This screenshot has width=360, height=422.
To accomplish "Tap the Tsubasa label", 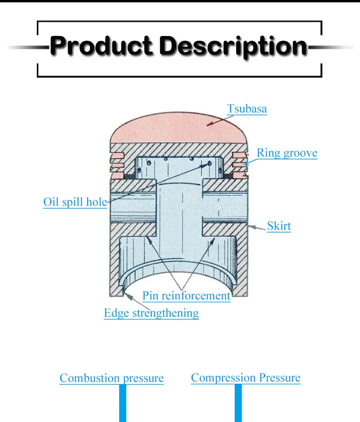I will pyautogui.click(x=247, y=109).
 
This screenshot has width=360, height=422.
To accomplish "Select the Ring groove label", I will pyautogui.click(x=287, y=153).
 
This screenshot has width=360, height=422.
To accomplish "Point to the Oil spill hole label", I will pyautogui.click(x=74, y=202).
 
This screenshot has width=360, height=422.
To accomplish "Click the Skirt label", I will pyautogui.click(x=279, y=226).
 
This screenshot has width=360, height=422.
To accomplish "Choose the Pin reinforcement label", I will pyautogui.click(x=186, y=296).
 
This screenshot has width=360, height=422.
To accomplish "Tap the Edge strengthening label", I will pyautogui.click(x=151, y=313).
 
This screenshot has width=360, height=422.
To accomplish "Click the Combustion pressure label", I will pyautogui.click(x=111, y=378).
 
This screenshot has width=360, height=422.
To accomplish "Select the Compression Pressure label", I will pyautogui.click(x=245, y=378).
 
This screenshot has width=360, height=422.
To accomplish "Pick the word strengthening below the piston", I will pyautogui.click(x=165, y=313).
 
